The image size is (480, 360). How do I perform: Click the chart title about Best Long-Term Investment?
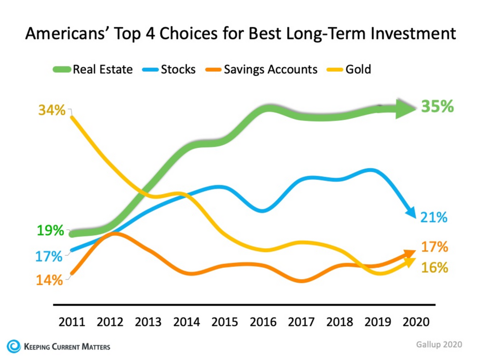point(240,35)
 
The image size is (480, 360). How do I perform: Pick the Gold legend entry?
point(350,69)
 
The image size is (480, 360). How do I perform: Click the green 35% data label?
point(437,107)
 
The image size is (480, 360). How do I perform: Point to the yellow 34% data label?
point(51,110)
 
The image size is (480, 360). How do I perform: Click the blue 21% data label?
point(434,218)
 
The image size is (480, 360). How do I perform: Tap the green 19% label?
point(50,231)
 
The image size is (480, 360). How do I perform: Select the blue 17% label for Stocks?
point(49,256)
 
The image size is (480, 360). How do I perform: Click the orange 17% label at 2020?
point(434,247)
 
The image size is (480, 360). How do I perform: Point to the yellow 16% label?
point(434,268)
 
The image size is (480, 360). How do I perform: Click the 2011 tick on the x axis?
point(73,322)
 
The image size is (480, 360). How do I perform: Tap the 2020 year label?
point(416,322)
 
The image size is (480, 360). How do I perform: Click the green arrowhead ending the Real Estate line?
point(406,109)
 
